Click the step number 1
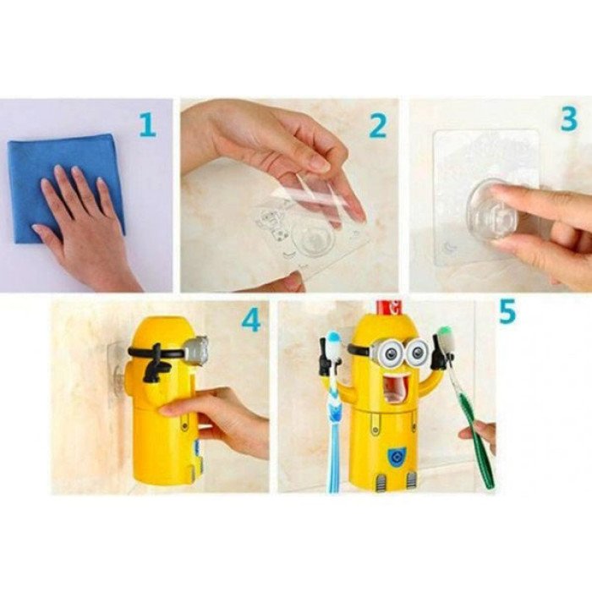(x=148, y=125)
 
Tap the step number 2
(x=377, y=126)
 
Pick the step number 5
(x=507, y=311)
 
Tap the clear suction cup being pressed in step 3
(x=490, y=214)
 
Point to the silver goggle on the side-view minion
(x=197, y=349)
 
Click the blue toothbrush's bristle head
(x=335, y=341)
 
